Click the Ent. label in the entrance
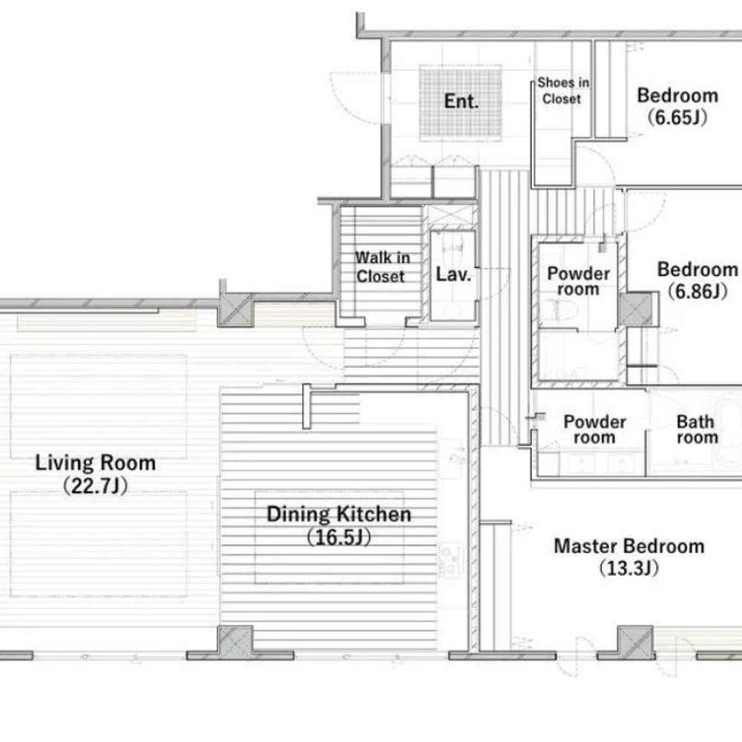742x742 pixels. (461, 101)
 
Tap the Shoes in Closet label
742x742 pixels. (562, 91)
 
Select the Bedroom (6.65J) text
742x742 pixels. (677, 106)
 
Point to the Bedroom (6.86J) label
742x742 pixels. (697, 280)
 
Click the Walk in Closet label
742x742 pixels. (382, 267)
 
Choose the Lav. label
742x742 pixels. (453, 275)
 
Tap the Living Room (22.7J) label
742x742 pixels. (96, 473)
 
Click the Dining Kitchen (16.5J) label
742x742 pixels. (339, 525)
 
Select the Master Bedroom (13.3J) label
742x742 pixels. (629, 556)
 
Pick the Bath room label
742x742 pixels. (697, 429)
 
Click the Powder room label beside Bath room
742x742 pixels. (595, 429)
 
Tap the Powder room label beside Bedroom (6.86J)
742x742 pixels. (578, 281)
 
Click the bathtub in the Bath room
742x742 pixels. (729, 430)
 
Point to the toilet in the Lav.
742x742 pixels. (453, 246)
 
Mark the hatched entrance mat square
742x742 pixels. (461, 103)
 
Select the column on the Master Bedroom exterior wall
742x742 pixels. (636, 642)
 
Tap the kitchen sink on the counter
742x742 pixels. (454, 453)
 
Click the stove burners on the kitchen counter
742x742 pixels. (451, 560)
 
